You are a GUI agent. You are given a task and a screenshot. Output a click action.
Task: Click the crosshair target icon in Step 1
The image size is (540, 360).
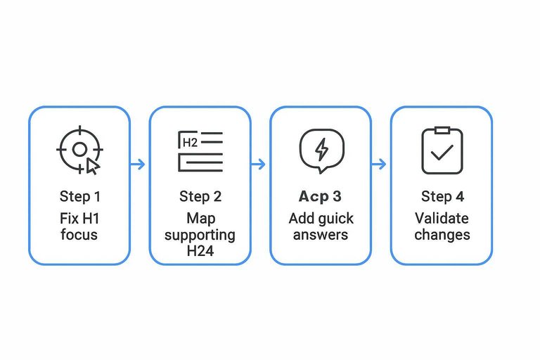[79, 149]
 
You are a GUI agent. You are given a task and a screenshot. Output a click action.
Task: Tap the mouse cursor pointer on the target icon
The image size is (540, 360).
[93, 166]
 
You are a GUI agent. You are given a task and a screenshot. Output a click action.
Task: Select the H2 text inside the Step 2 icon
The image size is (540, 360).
[189, 143]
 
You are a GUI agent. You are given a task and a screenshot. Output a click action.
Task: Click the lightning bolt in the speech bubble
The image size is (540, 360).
[321, 149]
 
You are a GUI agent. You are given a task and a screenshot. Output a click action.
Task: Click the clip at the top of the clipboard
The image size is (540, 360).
[442, 131]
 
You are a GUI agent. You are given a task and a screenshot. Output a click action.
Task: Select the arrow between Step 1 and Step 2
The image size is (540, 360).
[139, 165]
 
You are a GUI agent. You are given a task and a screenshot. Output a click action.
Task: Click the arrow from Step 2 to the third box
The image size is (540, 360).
[259, 165]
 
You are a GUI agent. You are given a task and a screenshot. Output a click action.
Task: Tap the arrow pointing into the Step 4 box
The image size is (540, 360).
[380, 165]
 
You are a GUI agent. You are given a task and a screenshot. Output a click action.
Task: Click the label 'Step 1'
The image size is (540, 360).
[79, 196]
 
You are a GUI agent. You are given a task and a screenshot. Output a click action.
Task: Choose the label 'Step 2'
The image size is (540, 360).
[200, 196]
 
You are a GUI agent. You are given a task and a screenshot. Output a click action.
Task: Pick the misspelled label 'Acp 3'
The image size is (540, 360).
[321, 196]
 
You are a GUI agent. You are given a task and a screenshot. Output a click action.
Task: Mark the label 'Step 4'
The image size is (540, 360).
[442, 196]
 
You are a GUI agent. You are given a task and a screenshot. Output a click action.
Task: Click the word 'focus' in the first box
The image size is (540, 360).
[79, 235]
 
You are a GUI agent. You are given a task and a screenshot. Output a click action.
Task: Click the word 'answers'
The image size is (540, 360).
[321, 235]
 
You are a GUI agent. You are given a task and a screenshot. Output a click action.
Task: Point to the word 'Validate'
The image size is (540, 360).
[442, 218]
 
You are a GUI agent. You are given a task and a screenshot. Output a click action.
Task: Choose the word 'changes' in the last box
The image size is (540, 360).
[442, 235]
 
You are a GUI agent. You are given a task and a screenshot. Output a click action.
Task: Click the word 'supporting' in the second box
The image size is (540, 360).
[200, 235]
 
